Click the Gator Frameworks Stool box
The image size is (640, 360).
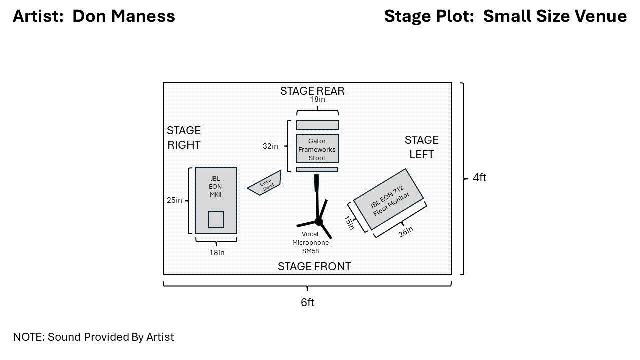tap(317, 149)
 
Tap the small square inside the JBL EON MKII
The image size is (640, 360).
tap(216, 220)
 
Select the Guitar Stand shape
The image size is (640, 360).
tap(265, 183)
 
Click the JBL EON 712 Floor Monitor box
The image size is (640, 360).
tap(388, 199)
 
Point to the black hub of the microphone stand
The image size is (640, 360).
tap(319, 222)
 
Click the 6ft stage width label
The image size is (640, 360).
tap(307, 303)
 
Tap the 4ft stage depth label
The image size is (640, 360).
tap(479, 178)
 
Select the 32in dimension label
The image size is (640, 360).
tap(270, 146)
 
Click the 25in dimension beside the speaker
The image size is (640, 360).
tap(174, 200)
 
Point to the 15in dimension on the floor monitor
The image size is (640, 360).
tap(349, 223)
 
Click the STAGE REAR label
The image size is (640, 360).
tap(312, 91)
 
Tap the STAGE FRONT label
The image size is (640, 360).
tap(314, 267)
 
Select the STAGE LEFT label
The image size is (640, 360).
tap(421, 147)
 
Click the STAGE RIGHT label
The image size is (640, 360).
tap(184, 138)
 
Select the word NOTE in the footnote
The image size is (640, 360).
tap(28, 337)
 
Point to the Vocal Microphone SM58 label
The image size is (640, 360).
tap(310, 242)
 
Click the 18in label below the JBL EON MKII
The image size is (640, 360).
tap(217, 253)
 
